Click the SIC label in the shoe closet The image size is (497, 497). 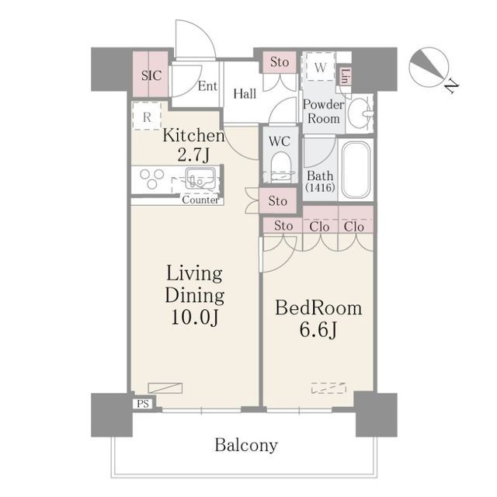[151, 75]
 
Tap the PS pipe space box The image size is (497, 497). [143, 404]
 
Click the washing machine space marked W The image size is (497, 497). [321, 67]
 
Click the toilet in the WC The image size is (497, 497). [281, 167]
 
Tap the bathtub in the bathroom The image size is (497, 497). [356, 170]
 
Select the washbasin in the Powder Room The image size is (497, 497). [360, 113]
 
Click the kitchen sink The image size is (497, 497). [200, 179]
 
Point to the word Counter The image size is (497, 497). [200, 200]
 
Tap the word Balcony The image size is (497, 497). [246, 445]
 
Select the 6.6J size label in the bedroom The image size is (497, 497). [318, 330]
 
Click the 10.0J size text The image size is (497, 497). [195, 317]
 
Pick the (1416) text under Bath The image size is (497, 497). [320, 188]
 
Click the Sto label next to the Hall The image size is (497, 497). [280, 62]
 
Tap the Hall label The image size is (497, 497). [245, 94]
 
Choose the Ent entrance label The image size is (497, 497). [207, 86]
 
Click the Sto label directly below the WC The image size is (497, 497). [278, 201]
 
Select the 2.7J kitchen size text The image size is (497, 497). [193, 155]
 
